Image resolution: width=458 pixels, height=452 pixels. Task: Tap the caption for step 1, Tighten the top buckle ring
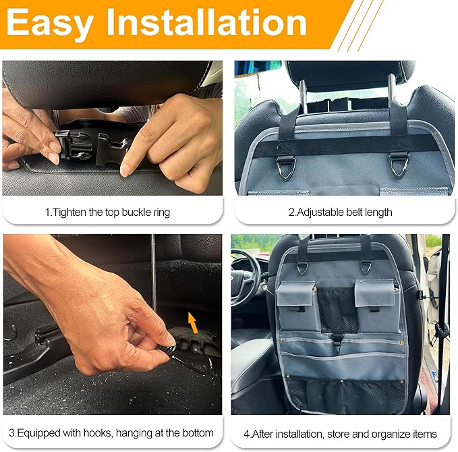pyautogui.click(x=107, y=212)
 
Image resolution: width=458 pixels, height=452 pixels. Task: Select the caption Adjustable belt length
pyautogui.click(x=340, y=212)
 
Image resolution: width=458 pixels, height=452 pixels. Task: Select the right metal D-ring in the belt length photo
pyautogui.click(x=399, y=165)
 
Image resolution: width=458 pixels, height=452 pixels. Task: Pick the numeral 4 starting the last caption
pyautogui.click(x=246, y=433)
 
